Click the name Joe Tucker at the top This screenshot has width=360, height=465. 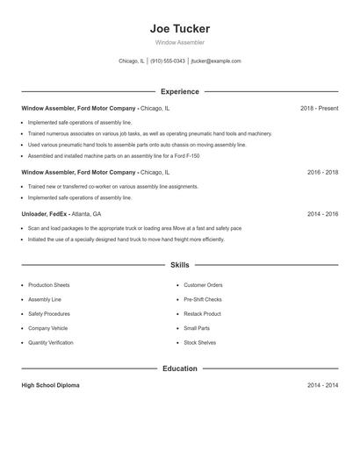tap(180, 28)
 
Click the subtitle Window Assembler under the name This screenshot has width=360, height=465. tap(180, 42)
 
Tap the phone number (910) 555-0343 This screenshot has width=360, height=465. tap(167, 61)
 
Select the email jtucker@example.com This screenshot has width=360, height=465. tap(216, 61)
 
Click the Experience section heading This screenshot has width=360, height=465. tap(180, 91)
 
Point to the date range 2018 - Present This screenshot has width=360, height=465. tap(319, 108)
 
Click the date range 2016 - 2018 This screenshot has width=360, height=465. tap(322, 173)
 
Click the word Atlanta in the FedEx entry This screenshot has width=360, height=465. tap(82, 213)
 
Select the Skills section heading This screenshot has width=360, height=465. tap(180, 264)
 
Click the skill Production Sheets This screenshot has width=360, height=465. tap(49, 285)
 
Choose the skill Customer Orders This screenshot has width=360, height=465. tap(203, 285)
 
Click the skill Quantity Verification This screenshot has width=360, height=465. tap(51, 342)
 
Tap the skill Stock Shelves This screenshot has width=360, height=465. tap(200, 342)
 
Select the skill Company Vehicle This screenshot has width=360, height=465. tap(48, 328)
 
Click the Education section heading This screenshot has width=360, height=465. tap(180, 368)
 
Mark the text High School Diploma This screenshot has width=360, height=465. tap(50, 385)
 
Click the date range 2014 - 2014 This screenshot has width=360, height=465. tap(322, 385)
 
